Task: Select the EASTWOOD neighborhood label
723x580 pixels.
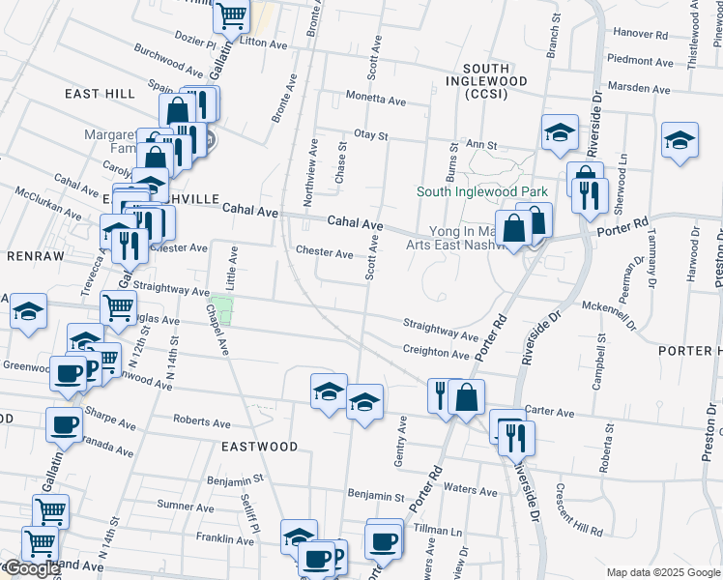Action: (x=259, y=447)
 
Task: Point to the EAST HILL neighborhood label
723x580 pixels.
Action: (x=100, y=93)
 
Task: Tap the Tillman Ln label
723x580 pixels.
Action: (x=436, y=531)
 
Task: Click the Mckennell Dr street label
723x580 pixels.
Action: (x=607, y=306)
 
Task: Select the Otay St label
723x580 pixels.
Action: (x=370, y=135)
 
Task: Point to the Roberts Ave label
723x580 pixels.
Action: (x=201, y=421)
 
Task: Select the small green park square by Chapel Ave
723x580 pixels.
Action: (x=222, y=312)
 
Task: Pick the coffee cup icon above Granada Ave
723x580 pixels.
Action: (x=64, y=423)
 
